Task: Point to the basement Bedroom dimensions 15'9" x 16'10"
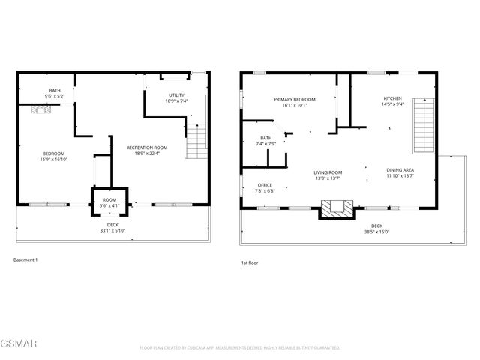(55, 159)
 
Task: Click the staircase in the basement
(196, 138)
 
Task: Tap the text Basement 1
(25, 260)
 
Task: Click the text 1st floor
(250, 262)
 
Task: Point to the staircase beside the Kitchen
(424, 124)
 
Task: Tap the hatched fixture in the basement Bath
(40, 109)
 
